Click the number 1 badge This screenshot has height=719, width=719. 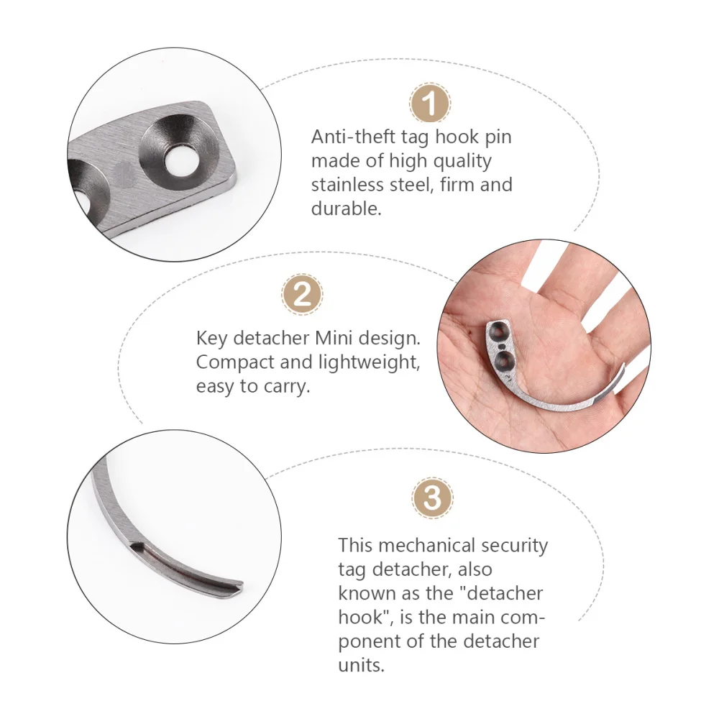[x=430, y=104]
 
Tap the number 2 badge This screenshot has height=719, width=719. [x=302, y=296]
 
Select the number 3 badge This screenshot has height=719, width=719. [x=433, y=497]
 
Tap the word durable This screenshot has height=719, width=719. [x=346, y=209]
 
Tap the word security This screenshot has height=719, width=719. [x=515, y=545]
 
